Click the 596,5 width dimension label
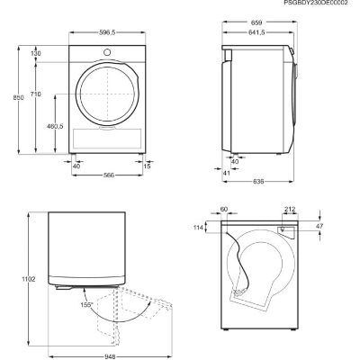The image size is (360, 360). pyautogui.click(x=107, y=32)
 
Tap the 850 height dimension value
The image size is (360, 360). pyautogui.click(x=18, y=97)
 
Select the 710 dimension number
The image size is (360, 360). pyautogui.click(x=35, y=94)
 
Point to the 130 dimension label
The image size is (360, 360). pyautogui.click(x=35, y=54)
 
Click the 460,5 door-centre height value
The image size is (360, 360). pyautogui.click(x=55, y=126)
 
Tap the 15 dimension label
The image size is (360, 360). pyautogui.click(x=147, y=166)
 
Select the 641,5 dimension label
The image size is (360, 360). pyautogui.click(x=256, y=32)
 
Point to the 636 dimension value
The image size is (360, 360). pyautogui.click(x=258, y=182)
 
